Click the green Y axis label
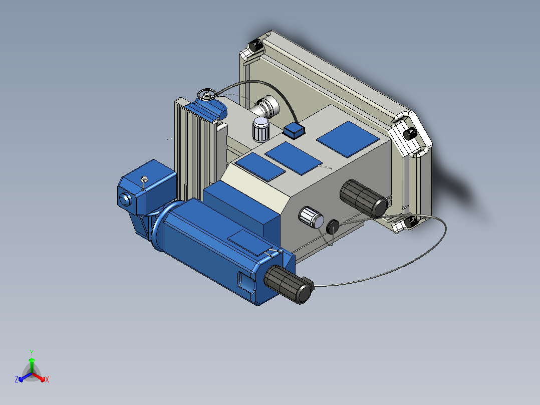[x=32, y=352]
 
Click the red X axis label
[x=47, y=379]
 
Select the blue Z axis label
[x=17, y=379]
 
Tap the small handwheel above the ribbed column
[x=207, y=94]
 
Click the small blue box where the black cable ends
[x=294, y=130]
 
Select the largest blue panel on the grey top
[x=348, y=139]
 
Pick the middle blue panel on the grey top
[x=294, y=158]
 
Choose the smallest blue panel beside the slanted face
[x=260, y=167]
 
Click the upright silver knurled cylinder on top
[x=261, y=129]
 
